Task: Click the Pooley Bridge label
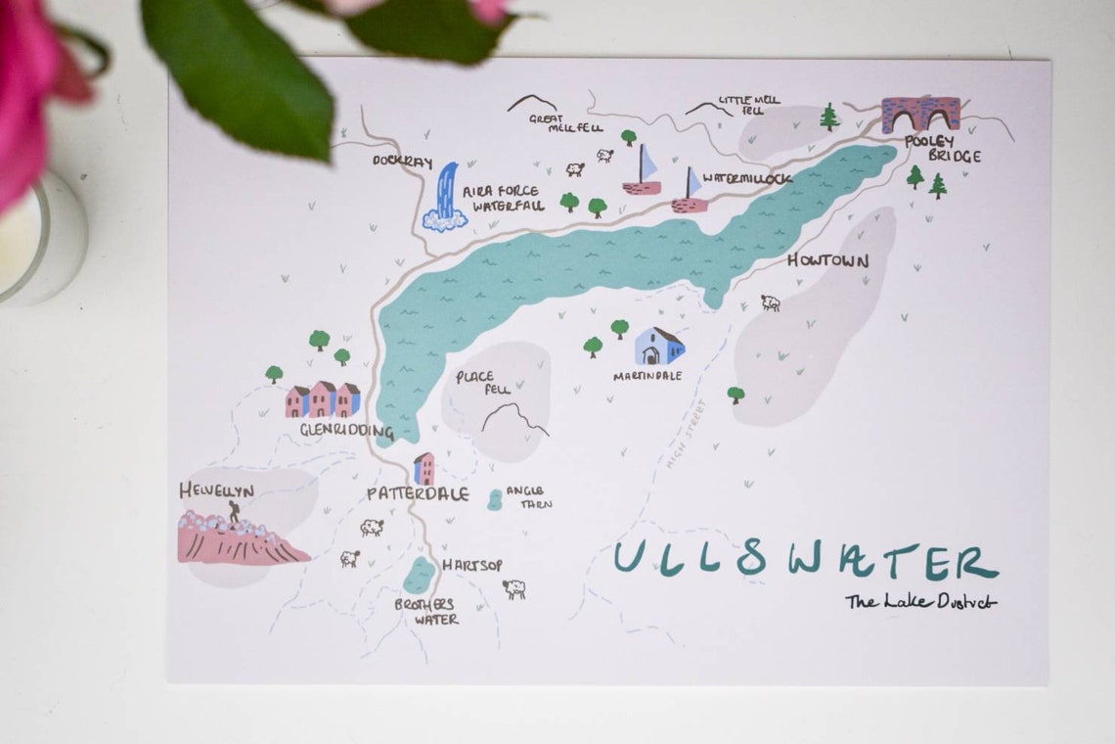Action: [942, 148]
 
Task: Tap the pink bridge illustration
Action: [919, 115]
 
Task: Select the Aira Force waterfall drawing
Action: [446, 198]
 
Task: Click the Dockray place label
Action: [401, 162]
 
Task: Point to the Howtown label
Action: [827, 261]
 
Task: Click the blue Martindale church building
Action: [659, 347]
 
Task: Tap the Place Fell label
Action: [476, 383]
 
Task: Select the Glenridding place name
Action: [346, 431]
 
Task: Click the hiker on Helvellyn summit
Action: [234, 511]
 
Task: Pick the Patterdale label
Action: [418, 494]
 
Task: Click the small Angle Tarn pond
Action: [495, 499]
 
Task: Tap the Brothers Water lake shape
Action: [420, 576]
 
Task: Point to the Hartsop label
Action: [473, 565]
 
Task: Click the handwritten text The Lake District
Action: [920, 602]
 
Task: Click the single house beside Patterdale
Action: [424, 468]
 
